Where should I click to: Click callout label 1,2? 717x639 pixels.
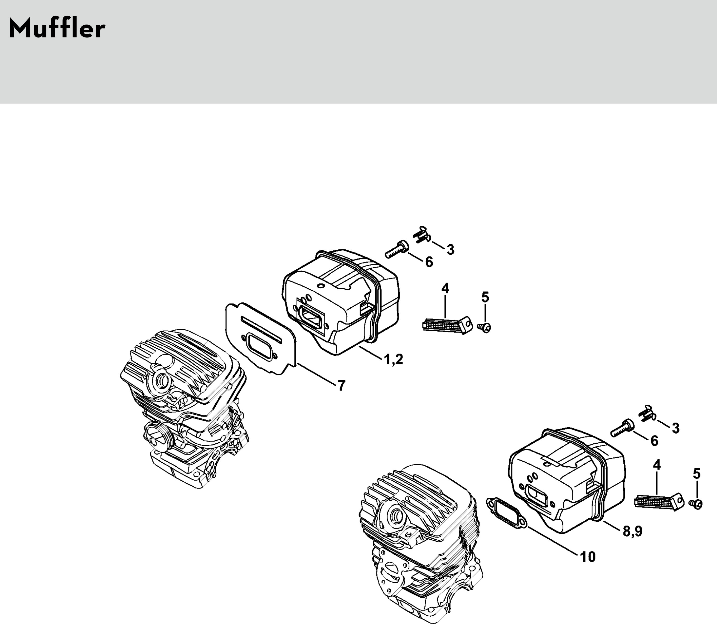(393, 359)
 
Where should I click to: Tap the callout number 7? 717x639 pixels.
(341, 385)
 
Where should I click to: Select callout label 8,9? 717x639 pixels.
(633, 531)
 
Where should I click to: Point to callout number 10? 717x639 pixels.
(588, 557)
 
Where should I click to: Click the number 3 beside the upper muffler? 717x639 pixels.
(450, 250)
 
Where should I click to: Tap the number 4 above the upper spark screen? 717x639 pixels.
(445, 289)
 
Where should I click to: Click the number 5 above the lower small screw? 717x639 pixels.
(697, 474)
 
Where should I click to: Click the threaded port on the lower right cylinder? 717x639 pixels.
(394, 515)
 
